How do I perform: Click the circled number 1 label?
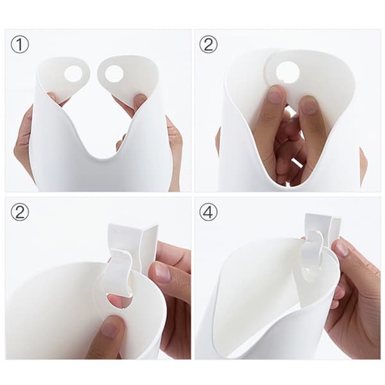point(20,44)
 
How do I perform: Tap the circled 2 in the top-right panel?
point(209,44)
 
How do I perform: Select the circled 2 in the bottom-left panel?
point(20,212)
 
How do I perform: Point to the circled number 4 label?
point(209,212)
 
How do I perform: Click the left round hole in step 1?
point(73,74)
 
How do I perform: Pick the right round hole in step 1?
point(114,74)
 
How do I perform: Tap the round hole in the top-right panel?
point(287,73)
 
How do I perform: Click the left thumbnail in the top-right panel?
point(276,95)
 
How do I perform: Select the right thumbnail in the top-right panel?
point(309,105)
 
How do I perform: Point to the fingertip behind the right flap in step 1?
point(139,101)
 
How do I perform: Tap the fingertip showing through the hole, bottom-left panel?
point(118,302)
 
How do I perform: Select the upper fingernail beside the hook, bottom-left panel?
point(162,273)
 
